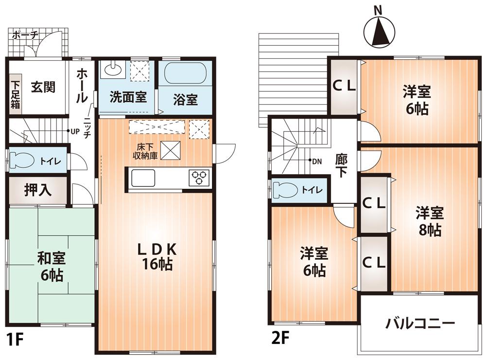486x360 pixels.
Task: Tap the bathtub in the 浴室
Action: [x=185, y=73]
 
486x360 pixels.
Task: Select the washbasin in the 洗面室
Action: [x=113, y=69]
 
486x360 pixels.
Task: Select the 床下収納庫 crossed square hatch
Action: [x=171, y=149]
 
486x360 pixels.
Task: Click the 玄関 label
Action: [x=43, y=88]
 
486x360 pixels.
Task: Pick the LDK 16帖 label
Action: [x=156, y=257]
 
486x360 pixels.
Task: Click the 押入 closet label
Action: [x=38, y=190]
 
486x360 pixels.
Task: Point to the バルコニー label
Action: [x=420, y=323]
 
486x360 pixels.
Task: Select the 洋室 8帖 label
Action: [x=428, y=221]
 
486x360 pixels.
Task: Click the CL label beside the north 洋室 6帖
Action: [x=344, y=86]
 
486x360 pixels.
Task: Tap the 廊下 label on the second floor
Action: [x=341, y=165]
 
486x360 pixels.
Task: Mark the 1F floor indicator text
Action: [x=15, y=339]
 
